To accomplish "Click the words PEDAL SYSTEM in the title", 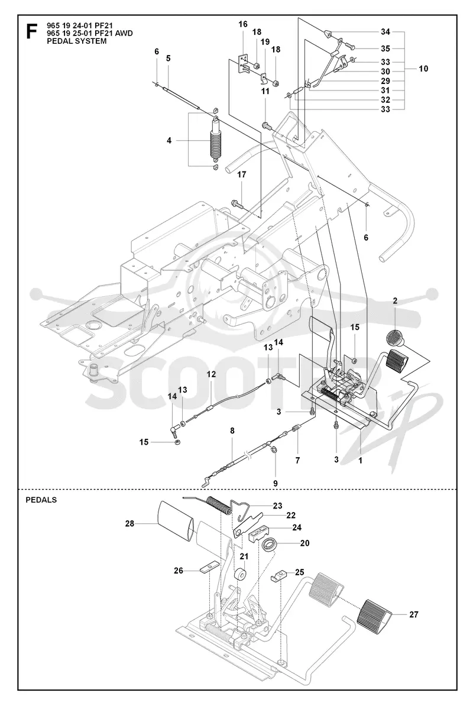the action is coord(76,41).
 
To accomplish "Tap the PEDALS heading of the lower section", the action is coord(41,500).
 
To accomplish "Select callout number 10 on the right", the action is coord(423,69).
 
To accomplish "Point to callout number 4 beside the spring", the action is coord(169,141).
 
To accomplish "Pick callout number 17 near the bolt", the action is coord(242,174).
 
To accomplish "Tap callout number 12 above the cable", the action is coord(211,374).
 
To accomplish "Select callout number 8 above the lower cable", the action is coord(232,431).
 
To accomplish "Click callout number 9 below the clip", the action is coord(276,483).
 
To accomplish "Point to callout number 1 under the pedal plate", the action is coord(360,460).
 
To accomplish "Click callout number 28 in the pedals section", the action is coord(129,524).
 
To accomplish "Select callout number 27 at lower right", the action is coord(413,614).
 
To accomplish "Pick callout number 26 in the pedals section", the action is coord(178,571).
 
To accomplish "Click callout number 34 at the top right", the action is coord(385,32).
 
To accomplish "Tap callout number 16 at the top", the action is coord(243,24).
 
